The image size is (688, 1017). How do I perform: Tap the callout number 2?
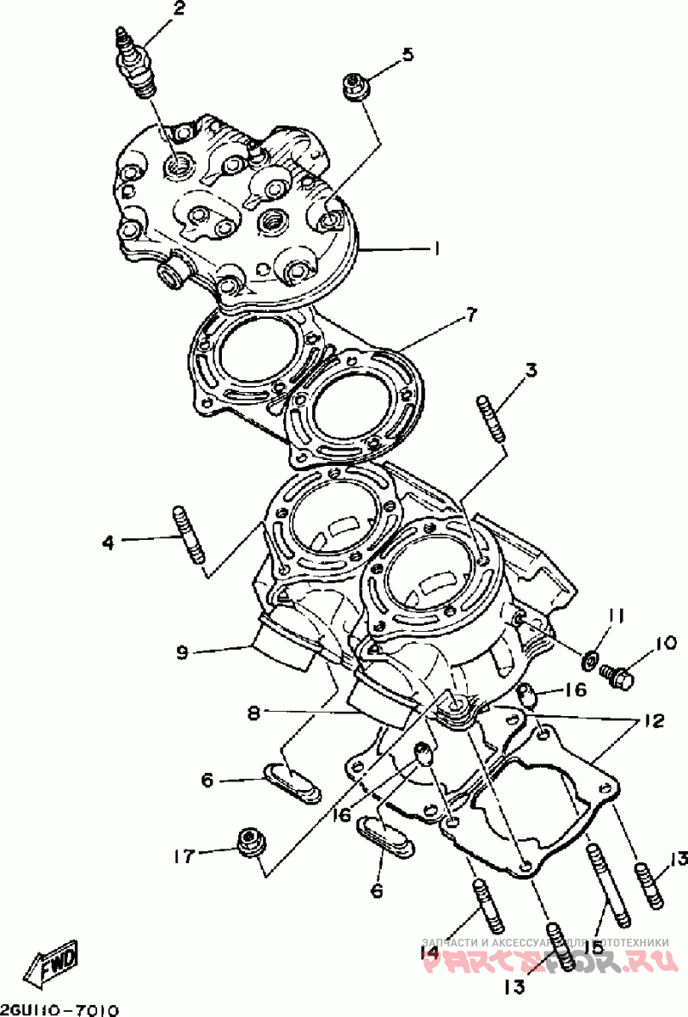pos(179,9)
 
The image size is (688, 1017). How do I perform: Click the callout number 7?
pos(470,316)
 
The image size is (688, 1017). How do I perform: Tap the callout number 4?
pos(107,542)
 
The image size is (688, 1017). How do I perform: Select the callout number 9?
pos(181,652)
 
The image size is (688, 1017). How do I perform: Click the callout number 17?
pos(183,855)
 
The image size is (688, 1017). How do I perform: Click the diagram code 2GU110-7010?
pos(59,1008)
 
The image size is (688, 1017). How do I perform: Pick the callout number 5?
pos(407,55)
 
